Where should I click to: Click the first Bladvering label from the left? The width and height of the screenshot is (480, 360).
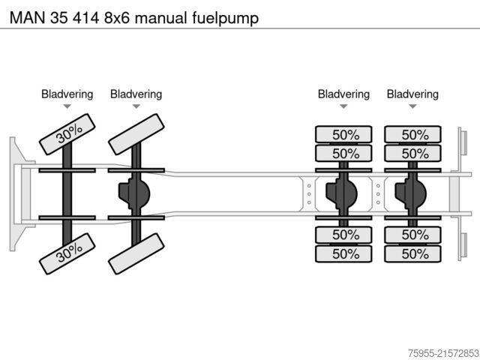coord(67,94)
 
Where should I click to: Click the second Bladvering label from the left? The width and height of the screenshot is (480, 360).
coord(136,94)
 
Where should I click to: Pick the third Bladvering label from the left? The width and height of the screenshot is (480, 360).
coord(343,94)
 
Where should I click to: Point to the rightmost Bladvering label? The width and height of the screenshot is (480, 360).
coord(412,94)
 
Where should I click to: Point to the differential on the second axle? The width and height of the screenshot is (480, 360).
coord(132,193)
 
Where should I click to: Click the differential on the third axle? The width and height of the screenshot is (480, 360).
coord(339,193)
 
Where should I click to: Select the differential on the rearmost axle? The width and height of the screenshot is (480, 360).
coord(408,193)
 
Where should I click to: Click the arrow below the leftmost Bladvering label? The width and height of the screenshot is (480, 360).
coord(67,107)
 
